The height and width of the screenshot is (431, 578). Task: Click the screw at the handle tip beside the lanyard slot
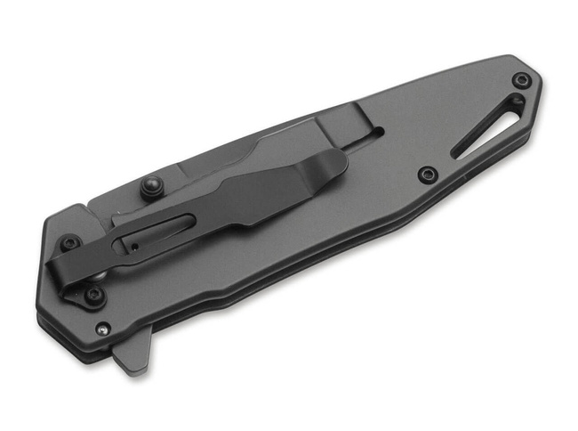pyautogui.click(x=522, y=81)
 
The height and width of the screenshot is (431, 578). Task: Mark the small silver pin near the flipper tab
pyautogui.click(x=103, y=329)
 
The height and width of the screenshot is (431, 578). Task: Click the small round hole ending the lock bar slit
pyautogui.click(x=380, y=131)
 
